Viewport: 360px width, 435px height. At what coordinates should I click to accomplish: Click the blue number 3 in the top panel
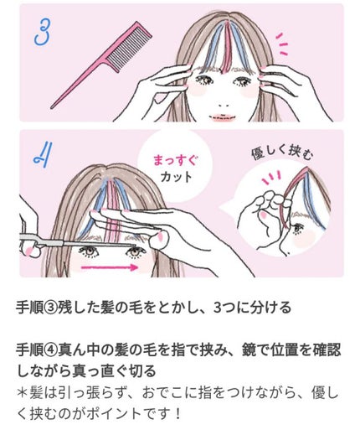(43, 33)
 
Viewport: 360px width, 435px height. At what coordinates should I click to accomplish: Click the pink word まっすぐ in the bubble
(176, 161)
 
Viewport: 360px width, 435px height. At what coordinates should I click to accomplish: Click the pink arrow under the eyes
(110, 267)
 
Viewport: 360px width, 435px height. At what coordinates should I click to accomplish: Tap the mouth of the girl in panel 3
(223, 117)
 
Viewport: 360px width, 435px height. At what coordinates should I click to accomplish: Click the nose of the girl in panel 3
(224, 106)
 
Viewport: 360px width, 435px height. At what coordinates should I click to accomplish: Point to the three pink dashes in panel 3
(282, 44)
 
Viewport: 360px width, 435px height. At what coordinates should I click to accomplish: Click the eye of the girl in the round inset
(297, 228)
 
